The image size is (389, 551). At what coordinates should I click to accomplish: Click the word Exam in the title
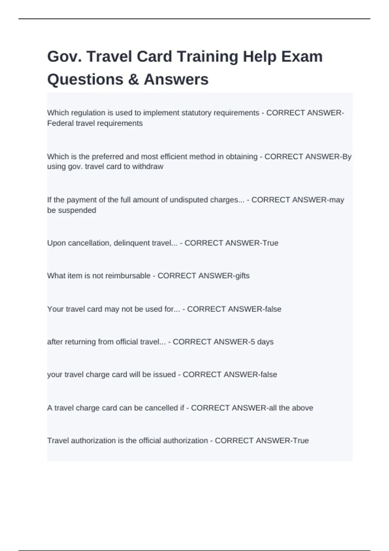[x=302, y=57]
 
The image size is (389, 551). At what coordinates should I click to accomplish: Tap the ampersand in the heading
[x=133, y=80]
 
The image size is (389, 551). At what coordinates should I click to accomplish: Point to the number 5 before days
[x=253, y=342]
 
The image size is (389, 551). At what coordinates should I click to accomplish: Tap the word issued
[x=164, y=375]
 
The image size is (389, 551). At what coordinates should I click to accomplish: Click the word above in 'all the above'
[x=302, y=408]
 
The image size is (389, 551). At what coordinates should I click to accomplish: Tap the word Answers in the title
[x=176, y=80]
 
